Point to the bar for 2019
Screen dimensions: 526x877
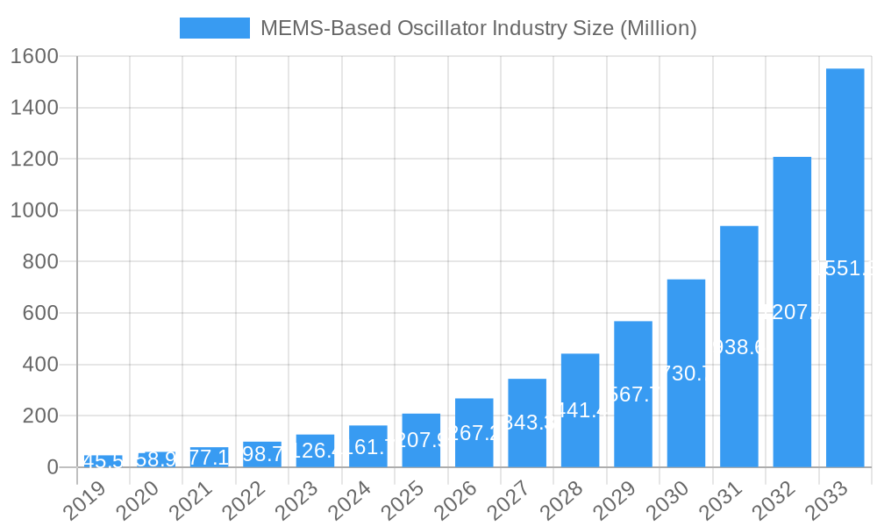pyautogui.click(x=103, y=461)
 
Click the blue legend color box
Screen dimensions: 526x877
pyautogui.click(x=214, y=28)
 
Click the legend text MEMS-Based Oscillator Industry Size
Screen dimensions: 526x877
pyautogui.click(x=478, y=28)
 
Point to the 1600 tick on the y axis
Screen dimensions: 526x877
pyautogui.click(x=34, y=57)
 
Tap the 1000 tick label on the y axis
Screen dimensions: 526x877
pyautogui.click(x=34, y=211)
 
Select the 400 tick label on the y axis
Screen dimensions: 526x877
pyautogui.click(x=39, y=365)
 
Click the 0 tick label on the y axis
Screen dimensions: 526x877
pyautogui.click(x=53, y=467)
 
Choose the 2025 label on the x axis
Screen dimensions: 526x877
pyautogui.click(x=403, y=501)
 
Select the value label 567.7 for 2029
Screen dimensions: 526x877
pyautogui.click(x=632, y=394)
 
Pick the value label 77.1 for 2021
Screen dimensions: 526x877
pyautogui.click(x=209, y=458)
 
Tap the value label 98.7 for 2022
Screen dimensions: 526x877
pyautogui.click(x=262, y=454)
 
